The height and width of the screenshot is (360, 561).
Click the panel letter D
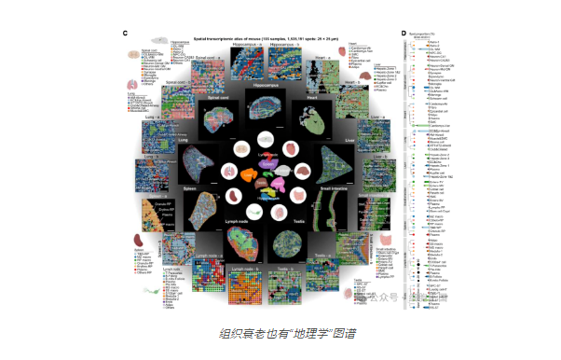click(404, 35)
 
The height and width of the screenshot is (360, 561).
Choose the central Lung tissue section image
click(193, 164)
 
